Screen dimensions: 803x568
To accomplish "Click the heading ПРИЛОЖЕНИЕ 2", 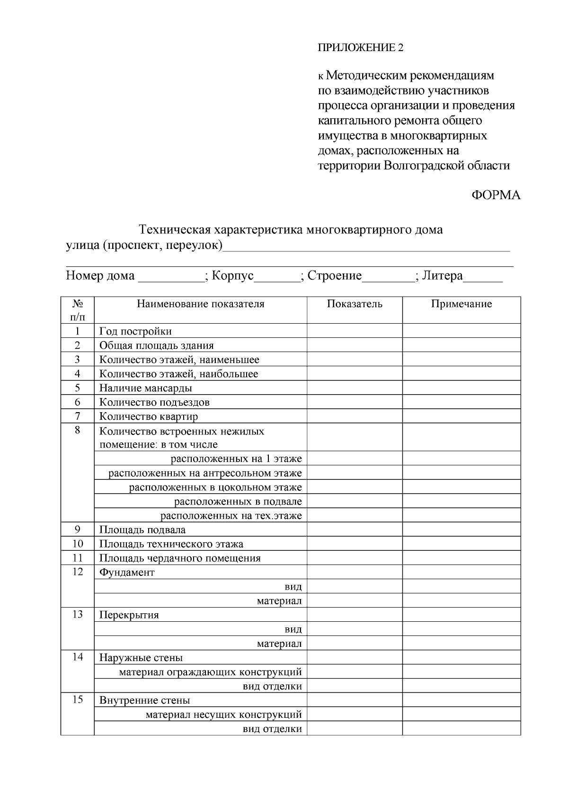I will click(x=360, y=48).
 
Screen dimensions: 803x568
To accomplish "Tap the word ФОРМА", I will click(x=496, y=195).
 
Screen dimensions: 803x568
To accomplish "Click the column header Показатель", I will click(x=355, y=304).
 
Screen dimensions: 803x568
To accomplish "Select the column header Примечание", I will click(x=461, y=304).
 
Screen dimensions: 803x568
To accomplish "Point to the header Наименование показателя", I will click(x=200, y=304).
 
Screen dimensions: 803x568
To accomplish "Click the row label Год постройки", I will click(x=135, y=331).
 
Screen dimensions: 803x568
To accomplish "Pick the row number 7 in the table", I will click(x=78, y=416).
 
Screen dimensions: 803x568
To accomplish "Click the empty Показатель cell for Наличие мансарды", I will click(x=355, y=388).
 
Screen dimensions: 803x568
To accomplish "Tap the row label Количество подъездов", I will click(x=154, y=403).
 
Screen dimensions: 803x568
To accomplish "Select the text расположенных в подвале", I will click(x=238, y=502).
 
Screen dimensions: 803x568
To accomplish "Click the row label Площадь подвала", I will click(x=142, y=530).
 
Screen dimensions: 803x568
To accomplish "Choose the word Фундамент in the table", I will click(x=127, y=573).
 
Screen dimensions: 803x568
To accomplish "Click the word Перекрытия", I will click(x=129, y=615).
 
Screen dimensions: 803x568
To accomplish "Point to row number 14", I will click(x=78, y=657).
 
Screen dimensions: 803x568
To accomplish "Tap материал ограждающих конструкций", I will click(x=210, y=672).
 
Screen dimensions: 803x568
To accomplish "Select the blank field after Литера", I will click(x=483, y=277).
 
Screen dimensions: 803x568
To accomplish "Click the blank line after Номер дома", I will click(x=170, y=277).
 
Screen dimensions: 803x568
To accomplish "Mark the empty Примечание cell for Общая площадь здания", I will click(x=461, y=345).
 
